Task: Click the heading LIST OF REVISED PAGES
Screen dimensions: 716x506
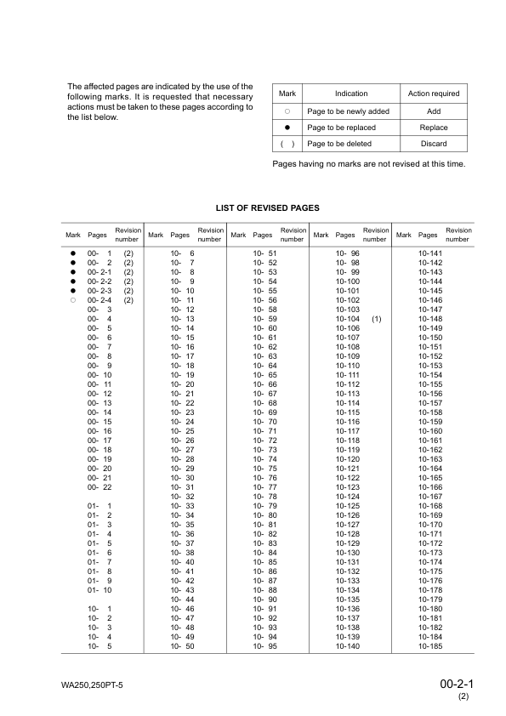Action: click(269, 207)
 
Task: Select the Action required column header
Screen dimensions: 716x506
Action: click(433, 94)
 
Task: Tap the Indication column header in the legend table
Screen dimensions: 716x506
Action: click(350, 94)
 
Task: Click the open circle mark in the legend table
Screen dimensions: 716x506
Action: click(287, 111)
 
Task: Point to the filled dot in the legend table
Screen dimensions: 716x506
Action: click(287, 128)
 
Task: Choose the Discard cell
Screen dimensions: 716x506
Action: click(433, 144)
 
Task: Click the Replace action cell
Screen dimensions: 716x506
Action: click(433, 128)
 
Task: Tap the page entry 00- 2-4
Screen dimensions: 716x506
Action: click(99, 300)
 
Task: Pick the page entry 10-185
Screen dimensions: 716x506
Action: click(431, 646)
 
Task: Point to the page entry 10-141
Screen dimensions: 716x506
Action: click(431, 254)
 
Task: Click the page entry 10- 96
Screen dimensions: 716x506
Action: click(348, 254)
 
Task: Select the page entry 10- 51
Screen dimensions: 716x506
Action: click(265, 254)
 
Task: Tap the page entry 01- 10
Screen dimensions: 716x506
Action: click(99, 590)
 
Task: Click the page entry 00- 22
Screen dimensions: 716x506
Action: click(99, 487)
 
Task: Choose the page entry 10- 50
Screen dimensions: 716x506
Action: click(183, 646)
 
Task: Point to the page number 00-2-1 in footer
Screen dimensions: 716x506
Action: click(457, 683)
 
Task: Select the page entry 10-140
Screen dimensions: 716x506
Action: click(348, 646)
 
